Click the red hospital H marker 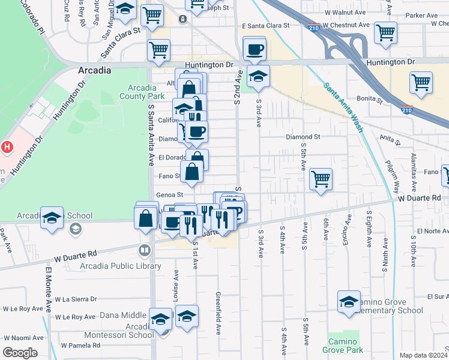click(x=7, y=146)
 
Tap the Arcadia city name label click(x=94, y=70)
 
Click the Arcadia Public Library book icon click(x=144, y=250)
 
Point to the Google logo click(x=20, y=352)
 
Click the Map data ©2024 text click(x=423, y=355)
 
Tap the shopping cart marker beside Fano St click(x=321, y=179)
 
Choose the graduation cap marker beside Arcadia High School click(x=52, y=218)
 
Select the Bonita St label click(x=370, y=98)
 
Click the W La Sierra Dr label click(x=76, y=299)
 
